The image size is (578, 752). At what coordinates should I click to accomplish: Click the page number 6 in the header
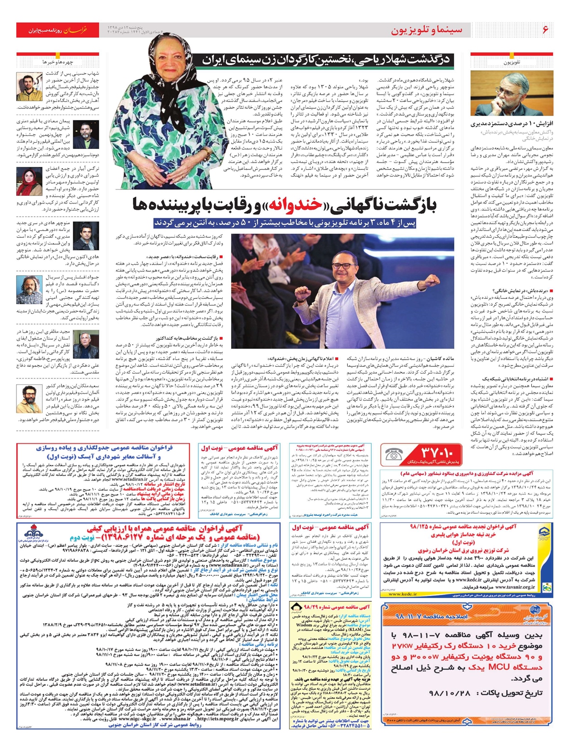[545, 30]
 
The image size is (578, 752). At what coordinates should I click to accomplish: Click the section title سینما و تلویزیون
[427, 30]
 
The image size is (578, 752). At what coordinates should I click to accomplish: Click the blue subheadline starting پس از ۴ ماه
[285, 223]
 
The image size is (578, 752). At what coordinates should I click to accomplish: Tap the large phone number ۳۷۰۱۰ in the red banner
[442, 452]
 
